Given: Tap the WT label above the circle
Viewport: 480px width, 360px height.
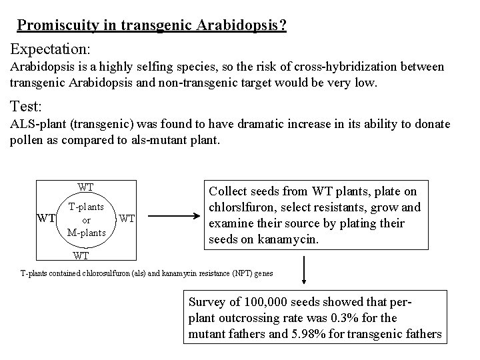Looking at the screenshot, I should [x=85, y=187].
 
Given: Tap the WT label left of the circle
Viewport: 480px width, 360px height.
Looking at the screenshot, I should [x=45, y=218].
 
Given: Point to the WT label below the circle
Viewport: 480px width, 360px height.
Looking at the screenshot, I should [x=81, y=255].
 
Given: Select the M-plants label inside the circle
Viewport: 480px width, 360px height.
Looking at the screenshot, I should [x=86, y=231].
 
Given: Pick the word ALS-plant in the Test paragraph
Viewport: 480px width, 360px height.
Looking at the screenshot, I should [x=39, y=125].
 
